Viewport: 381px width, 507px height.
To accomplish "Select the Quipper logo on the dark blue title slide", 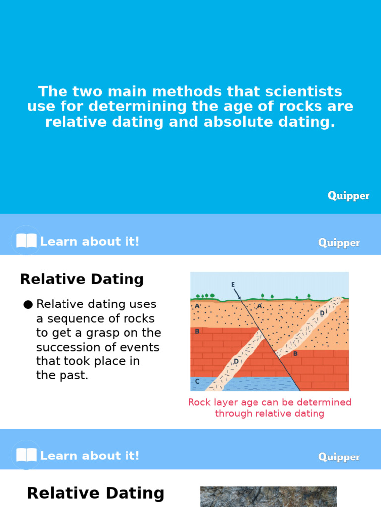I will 348,196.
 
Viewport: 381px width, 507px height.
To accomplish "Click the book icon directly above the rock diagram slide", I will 26,241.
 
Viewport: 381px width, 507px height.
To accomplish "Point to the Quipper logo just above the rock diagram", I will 339,243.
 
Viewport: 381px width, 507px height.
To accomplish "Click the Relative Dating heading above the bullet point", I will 82,279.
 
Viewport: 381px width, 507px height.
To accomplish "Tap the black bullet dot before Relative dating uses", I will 28,304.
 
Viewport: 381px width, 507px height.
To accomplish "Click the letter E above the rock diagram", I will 233,285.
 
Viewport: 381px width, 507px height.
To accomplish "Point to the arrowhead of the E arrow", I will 240,298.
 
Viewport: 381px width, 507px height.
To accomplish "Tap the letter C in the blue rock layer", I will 197,381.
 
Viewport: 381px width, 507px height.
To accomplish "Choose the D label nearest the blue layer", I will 236,362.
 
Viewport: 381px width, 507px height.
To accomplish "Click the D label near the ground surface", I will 322,313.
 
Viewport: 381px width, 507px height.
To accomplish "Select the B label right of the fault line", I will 295,354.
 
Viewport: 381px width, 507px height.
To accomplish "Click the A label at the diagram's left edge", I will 197,306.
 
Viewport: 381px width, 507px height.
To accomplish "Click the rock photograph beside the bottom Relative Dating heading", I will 268,497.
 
